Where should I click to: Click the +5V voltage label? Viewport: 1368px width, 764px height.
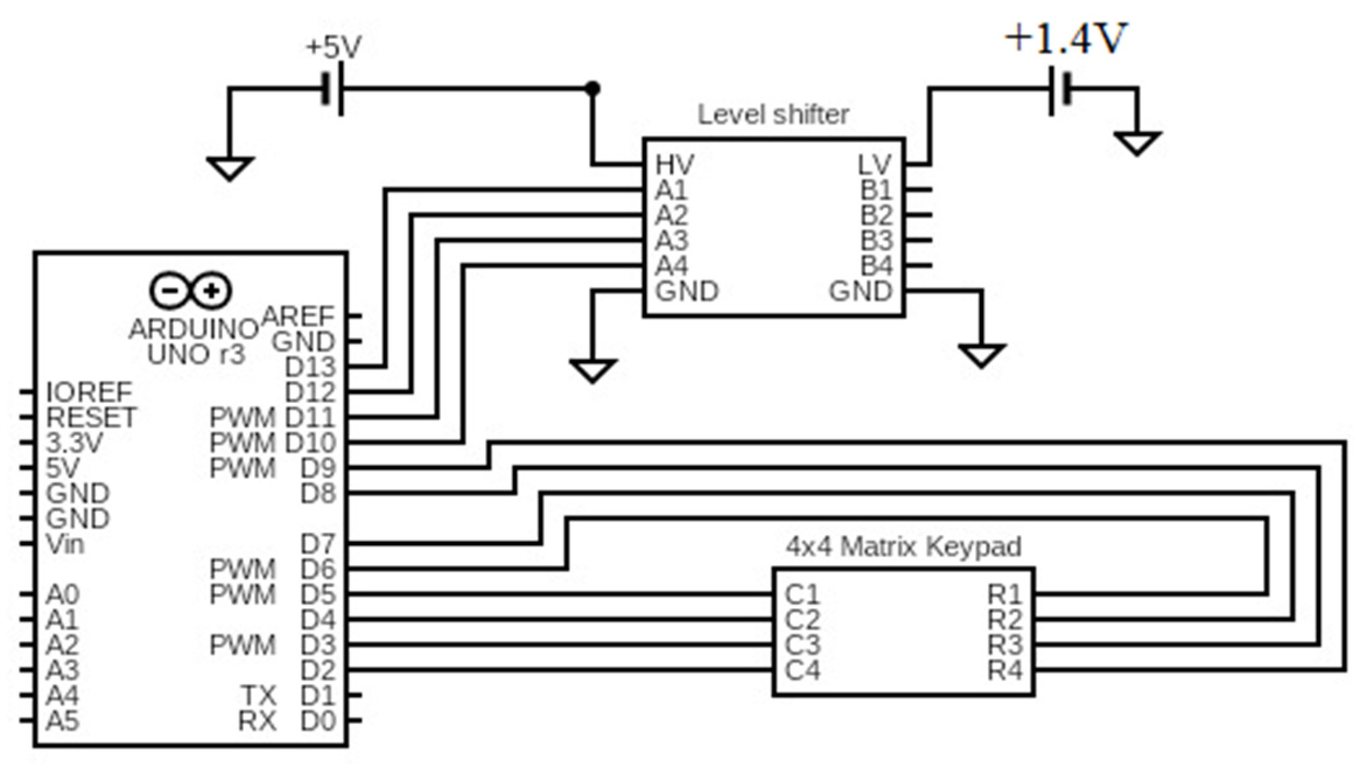pos(334,47)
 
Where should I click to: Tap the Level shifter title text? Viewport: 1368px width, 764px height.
pos(773,114)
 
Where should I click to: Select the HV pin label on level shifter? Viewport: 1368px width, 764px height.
pos(675,165)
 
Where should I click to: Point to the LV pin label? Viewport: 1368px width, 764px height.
pos(875,165)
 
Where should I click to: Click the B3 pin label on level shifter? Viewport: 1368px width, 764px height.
pos(876,240)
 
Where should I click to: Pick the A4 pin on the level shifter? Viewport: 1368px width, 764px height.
pos(672,266)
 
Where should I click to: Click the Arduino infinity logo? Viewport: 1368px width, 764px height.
pos(190,290)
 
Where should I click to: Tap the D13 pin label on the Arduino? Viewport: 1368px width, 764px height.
pos(310,367)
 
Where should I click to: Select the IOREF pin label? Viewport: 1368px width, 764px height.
pos(89,392)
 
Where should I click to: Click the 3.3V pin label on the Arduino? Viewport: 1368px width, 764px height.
pos(74,443)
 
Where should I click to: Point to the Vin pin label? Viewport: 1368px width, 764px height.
pos(65,544)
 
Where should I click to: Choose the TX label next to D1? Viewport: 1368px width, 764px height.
pos(259,695)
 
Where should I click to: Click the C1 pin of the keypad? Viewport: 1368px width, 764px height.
pos(802,594)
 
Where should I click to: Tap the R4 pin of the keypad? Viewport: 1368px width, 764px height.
pos(1005,670)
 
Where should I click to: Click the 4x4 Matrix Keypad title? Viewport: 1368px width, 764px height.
pos(903,546)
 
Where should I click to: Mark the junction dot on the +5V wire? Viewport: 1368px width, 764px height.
pos(592,89)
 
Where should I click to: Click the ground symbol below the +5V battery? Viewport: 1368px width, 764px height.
pos(230,168)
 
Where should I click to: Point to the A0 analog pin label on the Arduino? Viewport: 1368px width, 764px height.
pos(62,594)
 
